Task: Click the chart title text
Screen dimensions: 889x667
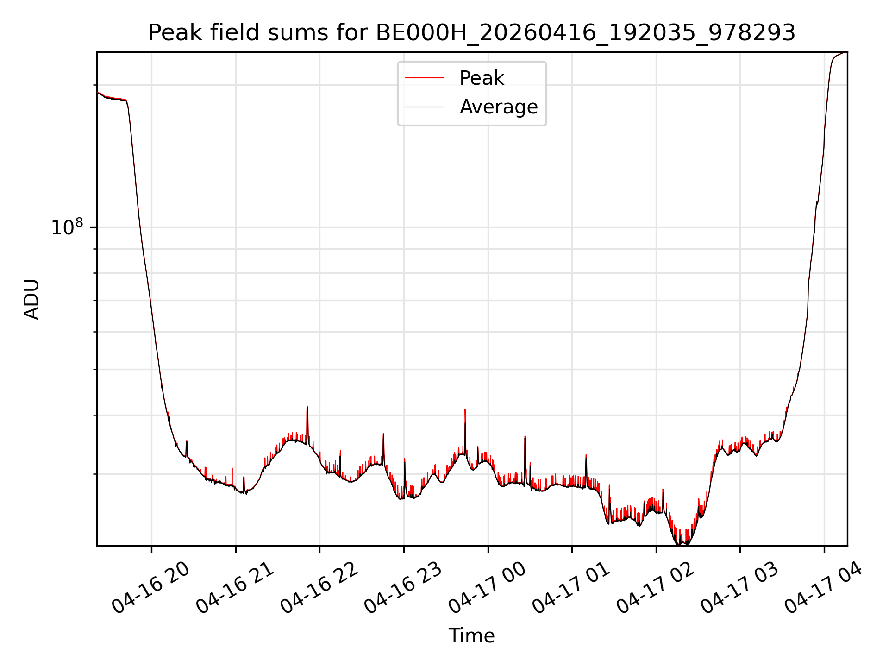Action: [471, 33]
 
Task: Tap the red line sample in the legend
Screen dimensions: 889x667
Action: [425, 78]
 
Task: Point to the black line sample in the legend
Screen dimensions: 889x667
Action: [425, 107]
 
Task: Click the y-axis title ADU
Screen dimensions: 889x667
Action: [31, 299]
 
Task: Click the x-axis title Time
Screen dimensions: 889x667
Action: [471, 636]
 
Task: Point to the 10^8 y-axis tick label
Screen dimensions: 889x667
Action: [67, 227]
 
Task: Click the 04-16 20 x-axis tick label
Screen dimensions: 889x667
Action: [151, 587]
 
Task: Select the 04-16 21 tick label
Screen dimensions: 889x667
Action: [235, 587]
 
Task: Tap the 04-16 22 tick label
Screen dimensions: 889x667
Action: [319, 587]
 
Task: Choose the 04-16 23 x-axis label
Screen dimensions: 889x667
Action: [403, 587]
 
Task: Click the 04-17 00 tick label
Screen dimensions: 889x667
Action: [488, 587]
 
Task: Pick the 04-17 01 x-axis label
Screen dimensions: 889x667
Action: [571, 587]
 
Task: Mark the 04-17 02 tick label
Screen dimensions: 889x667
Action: [656, 587]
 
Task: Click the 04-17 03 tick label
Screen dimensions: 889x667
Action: [739, 587]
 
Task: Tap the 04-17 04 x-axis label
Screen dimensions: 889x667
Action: [824, 587]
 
